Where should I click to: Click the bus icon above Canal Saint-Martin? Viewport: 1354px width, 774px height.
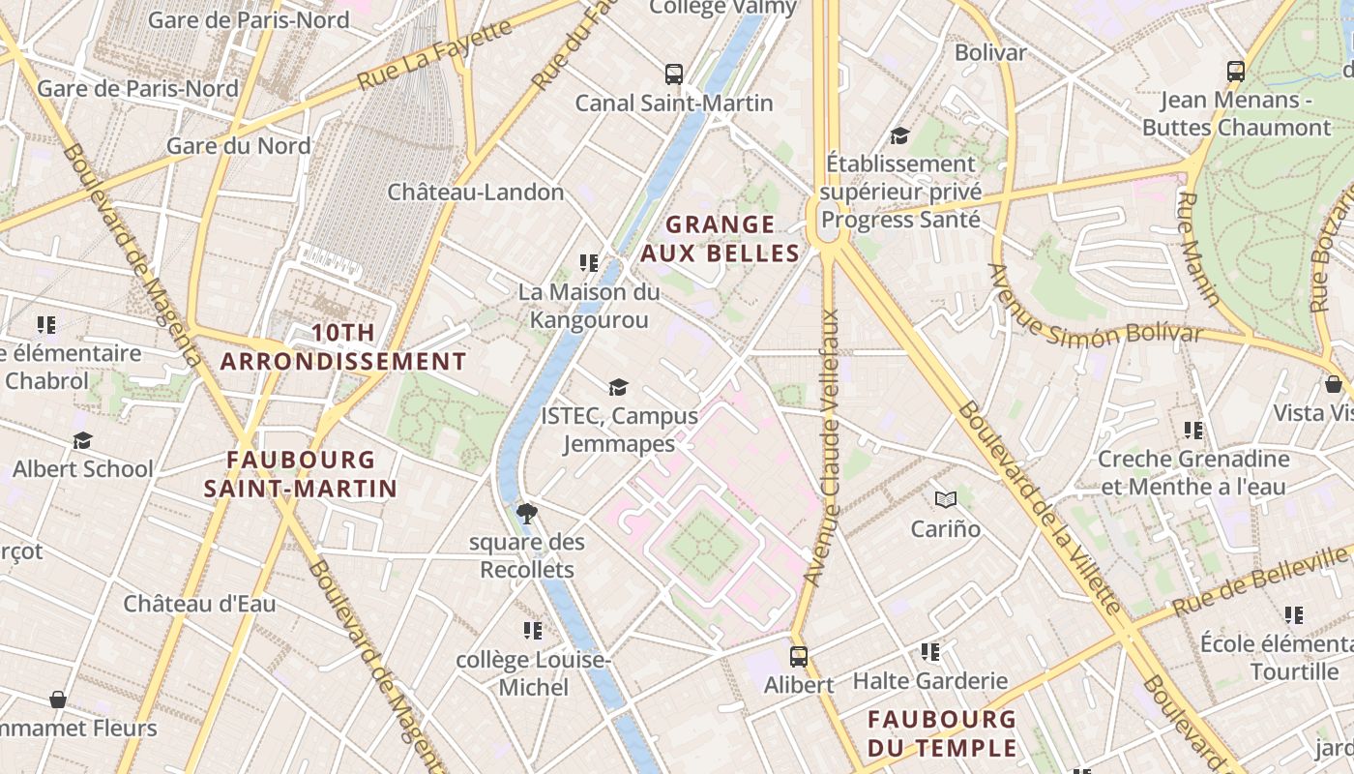674,74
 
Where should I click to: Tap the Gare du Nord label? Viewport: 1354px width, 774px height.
239,146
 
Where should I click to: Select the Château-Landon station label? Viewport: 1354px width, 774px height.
476,192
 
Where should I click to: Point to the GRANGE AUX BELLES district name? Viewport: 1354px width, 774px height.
720,239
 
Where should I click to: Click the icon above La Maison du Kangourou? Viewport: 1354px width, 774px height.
588,262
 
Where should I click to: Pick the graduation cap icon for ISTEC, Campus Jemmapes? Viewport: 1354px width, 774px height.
618,388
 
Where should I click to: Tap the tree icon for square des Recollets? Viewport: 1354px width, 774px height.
527,513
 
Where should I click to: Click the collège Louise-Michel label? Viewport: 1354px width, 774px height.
533,673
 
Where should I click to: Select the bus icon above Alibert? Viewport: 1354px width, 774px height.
799,657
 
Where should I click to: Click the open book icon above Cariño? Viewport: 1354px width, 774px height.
946,499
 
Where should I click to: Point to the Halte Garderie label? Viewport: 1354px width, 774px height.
930,681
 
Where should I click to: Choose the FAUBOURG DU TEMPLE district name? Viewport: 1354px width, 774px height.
942,733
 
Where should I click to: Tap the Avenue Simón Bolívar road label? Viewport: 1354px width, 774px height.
1096,312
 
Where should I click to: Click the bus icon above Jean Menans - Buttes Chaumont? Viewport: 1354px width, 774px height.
1236,71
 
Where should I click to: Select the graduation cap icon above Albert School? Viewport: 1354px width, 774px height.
82,441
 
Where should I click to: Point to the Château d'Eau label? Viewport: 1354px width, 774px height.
199,604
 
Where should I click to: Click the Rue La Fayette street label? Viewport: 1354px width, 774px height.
435,55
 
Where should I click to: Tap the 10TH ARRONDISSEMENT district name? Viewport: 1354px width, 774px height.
343,347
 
